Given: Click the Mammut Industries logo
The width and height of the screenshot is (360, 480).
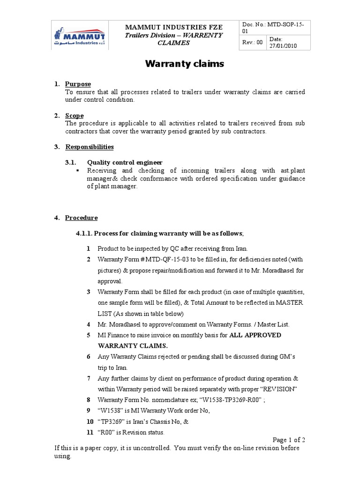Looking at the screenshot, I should (x=79, y=36).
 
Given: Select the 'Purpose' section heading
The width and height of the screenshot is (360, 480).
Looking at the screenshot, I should (x=78, y=84).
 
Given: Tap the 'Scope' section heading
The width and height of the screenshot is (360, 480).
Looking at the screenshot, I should (x=75, y=115).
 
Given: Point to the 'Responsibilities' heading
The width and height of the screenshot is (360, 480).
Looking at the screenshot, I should (x=89, y=147).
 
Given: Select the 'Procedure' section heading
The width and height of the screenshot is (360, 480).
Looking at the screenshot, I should (x=81, y=217).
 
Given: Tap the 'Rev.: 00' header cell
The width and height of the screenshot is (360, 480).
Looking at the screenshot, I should (x=252, y=43).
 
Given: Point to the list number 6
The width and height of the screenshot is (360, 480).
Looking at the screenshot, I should (x=88, y=357).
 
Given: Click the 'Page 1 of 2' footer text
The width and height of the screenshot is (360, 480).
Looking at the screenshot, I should (x=289, y=440).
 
